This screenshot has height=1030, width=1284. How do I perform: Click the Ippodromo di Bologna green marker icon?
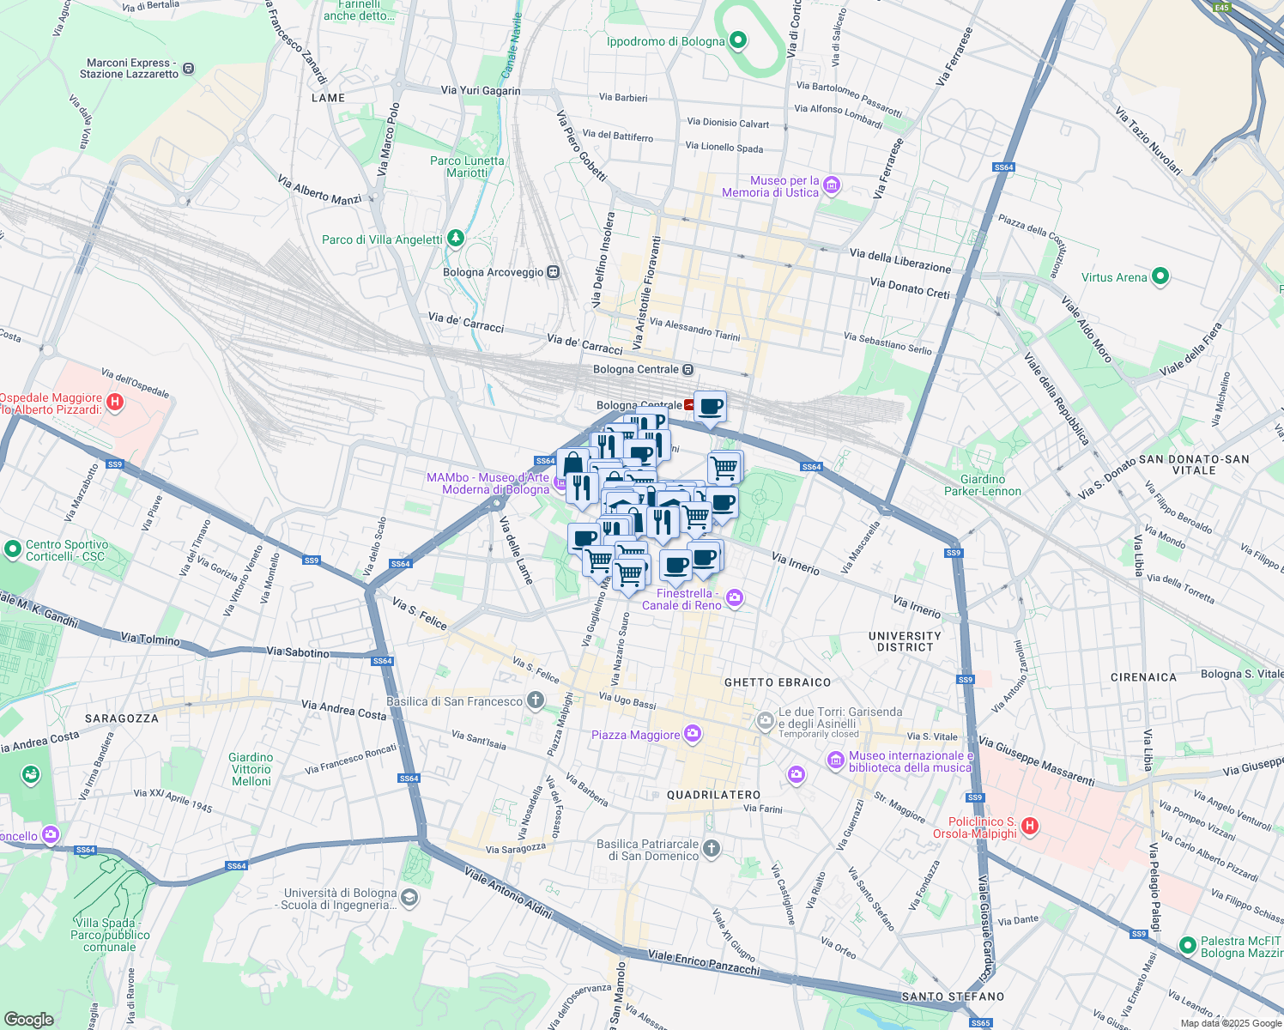[x=738, y=41]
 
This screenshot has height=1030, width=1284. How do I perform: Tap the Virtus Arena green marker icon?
[x=1160, y=276]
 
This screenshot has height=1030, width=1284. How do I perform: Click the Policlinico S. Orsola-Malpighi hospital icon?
[x=1030, y=827]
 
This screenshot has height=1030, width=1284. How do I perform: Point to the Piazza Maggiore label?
[x=635, y=735]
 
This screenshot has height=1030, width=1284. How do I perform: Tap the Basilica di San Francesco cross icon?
[x=536, y=700]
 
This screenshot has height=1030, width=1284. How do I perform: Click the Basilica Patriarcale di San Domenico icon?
[x=711, y=849]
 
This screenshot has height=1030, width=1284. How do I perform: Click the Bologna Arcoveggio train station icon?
[x=554, y=272]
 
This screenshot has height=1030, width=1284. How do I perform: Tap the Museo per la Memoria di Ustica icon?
[x=831, y=185]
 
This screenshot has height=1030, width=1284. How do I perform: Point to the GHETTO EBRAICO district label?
[x=778, y=682]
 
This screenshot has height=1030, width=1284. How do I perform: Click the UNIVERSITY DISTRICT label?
[x=905, y=641]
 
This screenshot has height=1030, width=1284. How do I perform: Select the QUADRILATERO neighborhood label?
[x=714, y=795]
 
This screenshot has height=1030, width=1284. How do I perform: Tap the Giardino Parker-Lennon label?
[x=983, y=485]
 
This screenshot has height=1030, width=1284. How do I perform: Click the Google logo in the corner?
[x=28, y=1019]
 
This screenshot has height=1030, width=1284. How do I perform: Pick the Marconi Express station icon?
[x=189, y=68]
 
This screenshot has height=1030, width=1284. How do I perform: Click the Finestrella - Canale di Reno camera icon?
[x=735, y=597]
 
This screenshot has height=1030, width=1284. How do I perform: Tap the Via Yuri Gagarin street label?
[x=481, y=90]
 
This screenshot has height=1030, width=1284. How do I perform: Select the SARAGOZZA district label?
[x=122, y=718]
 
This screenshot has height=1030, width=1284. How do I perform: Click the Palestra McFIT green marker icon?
[x=1188, y=945]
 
